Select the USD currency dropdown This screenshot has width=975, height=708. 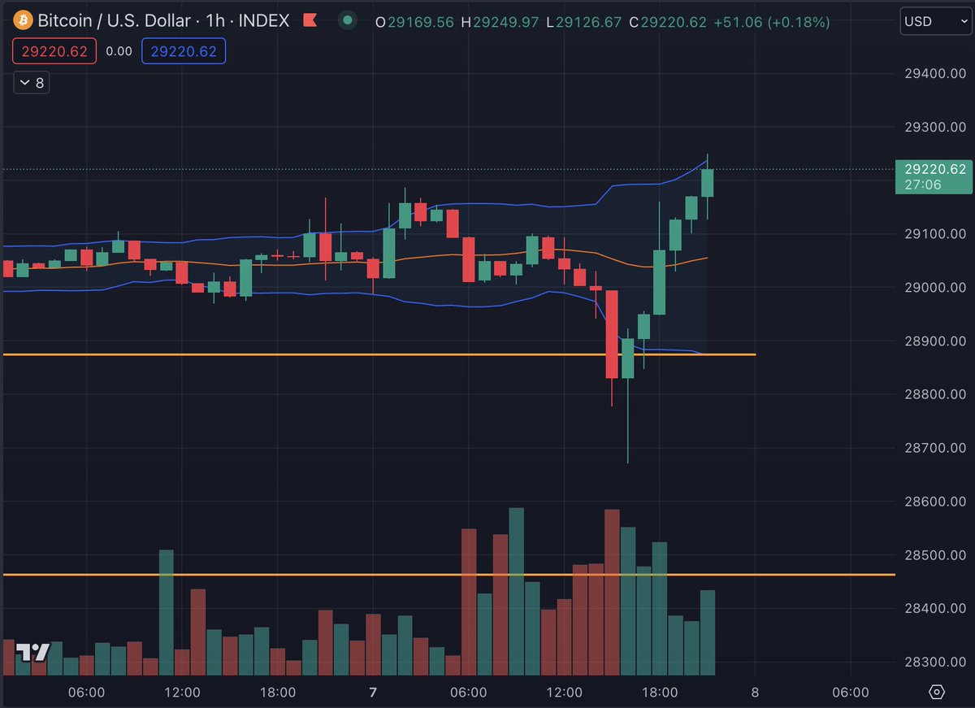pyautogui.click(x=934, y=22)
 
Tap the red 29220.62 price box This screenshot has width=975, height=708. pyautogui.click(x=54, y=52)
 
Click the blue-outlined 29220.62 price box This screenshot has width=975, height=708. pyautogui.click(x=184, y=52)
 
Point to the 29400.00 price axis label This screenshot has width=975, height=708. pyautogui.click(x=935, y=73)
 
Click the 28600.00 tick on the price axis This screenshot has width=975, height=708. pyautogui.click(x=935, y=502)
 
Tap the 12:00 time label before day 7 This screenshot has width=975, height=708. pyautogui.click(x=182, y=693)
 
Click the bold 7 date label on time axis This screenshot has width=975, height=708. pyautogui.click(x=373, y=693)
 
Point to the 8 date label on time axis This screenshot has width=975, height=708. pyautogui.click(x=755, y=693)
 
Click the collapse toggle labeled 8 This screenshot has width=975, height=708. pyautogui.click(x=32, y=82)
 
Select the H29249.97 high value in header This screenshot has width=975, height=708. pyautogui.click(x=500, y=22)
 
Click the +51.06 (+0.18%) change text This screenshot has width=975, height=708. pyautogui.click(x=771, y=22)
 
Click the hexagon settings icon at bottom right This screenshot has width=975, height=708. pyautogui.click(x=937, y=692)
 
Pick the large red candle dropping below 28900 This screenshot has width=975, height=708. pyautogui.click(x=613, y=333)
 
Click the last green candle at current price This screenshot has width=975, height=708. pyautogui.click(x=708, y=183)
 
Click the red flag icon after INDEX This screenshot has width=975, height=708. pyautogui.click(x=309, y=21)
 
